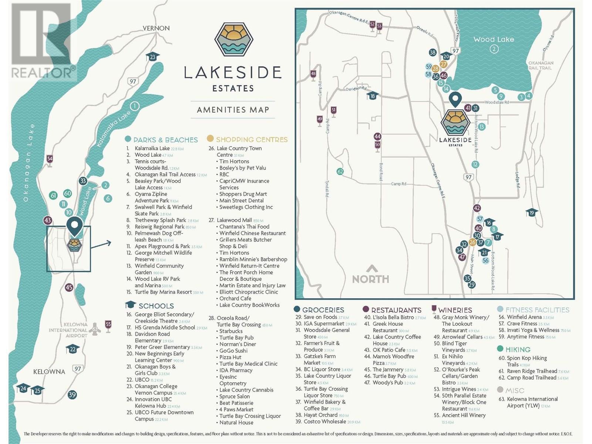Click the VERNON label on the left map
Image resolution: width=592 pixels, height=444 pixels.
click(157, 28)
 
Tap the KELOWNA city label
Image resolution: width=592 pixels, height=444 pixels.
click(49, 371)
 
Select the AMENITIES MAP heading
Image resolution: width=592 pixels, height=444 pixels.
click(233, 110)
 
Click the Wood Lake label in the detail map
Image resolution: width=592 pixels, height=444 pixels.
click(494, 39)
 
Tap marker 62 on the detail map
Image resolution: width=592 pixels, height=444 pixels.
click(340, 171)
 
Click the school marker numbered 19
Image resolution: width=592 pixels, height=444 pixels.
click(532, 213)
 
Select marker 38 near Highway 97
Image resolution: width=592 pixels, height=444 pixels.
click(433, 52)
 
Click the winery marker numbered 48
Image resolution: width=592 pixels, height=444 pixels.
click(313, 74)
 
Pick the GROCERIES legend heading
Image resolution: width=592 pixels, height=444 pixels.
click(323, 310)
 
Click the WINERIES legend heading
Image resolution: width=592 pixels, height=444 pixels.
click(455, 310)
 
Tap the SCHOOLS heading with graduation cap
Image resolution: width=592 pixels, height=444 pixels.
click(156, 306)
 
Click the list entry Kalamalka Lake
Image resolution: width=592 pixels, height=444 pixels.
click(152, 148)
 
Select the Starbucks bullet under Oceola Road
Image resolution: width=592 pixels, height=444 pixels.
click(231, 331)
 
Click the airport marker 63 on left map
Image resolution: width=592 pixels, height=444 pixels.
click(95, 329)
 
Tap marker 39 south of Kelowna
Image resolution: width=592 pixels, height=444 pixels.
click(72, 394)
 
